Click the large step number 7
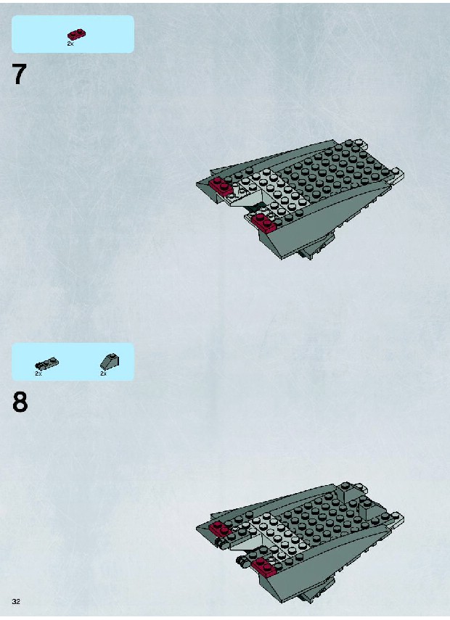[x=20, y=74]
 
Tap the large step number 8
[x=20, y=402]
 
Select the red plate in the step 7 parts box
[x=77, y=34]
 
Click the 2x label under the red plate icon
[x=70, y=44]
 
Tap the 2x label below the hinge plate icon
[x=38, y=373]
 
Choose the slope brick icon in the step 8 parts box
[x=110, y=361]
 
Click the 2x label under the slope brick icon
[x=103, y=373]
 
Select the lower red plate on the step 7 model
[x=264, y=223]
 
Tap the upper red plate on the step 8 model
[x=221, y=529]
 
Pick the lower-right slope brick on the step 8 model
[x=368, y=509]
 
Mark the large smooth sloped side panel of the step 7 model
[x=316, y=221]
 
